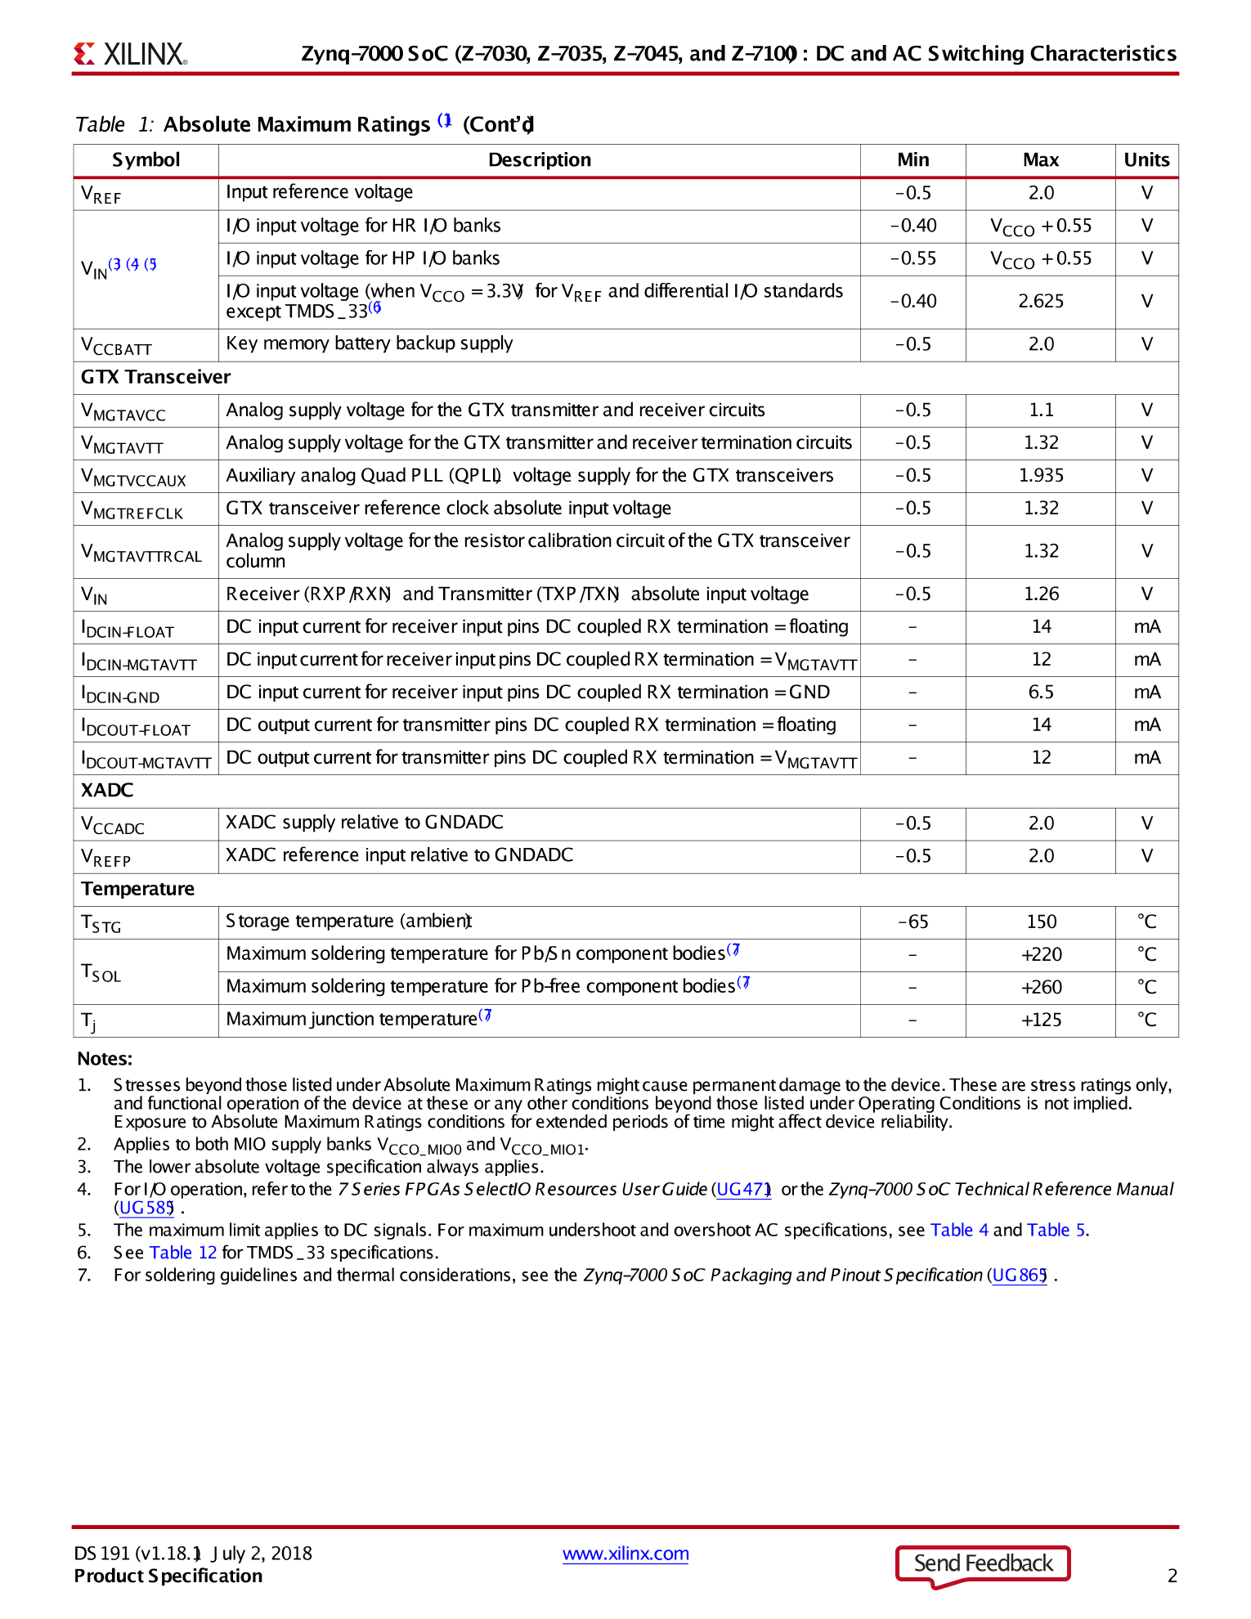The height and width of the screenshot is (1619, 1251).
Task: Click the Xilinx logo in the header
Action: [131, 54]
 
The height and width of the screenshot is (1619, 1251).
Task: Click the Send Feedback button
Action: [983, 1563]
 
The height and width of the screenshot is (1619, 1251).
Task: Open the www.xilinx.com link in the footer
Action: [625, 1554]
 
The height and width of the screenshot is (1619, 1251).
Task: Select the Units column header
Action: [1146, 160]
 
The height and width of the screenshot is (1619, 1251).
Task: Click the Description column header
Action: [539, 160]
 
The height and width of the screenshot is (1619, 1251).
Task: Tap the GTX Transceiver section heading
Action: [155, 377]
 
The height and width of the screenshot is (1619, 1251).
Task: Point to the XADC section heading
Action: [107, 791]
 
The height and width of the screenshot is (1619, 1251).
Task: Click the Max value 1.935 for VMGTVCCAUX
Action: [1041, 476]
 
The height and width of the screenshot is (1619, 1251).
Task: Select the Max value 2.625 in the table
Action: [1041, 302]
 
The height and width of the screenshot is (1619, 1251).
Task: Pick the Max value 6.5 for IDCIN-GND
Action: [1041, 693]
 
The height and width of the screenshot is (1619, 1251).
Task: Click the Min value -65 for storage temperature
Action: [912, 922]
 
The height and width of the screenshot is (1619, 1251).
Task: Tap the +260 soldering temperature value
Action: [1041, 988]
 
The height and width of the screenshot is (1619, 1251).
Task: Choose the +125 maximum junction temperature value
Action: [1041, 1020]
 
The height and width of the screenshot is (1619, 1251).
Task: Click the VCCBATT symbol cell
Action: [116, 346]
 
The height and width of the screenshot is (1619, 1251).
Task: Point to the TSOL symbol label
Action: [101, 972]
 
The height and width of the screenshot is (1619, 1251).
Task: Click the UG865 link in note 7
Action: [1019, 1276]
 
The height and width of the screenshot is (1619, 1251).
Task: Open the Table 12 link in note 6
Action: [183, 1253]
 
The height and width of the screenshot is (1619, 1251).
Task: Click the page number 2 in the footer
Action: [1172, 1576]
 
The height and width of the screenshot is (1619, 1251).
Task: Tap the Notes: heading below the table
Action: [105, 1059]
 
